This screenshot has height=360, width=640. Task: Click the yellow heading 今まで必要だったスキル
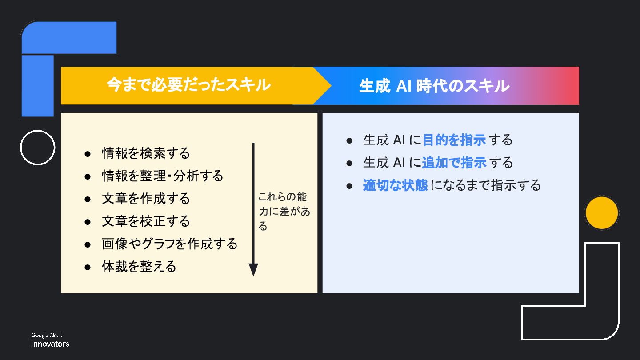point(188,85)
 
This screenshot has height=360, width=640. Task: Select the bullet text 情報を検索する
point(146,153)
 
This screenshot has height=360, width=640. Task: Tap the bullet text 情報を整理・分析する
point(162,176)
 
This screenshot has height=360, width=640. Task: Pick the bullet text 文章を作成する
point(146,199)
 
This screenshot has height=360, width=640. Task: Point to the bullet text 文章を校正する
point(146,221)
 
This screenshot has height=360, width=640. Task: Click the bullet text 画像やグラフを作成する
point(169,244)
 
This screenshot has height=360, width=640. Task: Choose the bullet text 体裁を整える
point(139,267)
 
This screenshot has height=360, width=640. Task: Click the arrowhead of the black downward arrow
point(253,269)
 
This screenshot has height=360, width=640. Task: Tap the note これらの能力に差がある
point(284,212)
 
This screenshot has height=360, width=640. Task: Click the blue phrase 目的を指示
point(454,140)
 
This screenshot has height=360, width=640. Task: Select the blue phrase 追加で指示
point(454,163)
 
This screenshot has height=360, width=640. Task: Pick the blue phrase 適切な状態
point(395,185)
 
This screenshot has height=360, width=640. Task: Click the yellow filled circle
point(602,213)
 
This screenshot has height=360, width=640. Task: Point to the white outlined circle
point(38,148)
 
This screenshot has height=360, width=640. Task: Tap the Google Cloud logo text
point(47,336)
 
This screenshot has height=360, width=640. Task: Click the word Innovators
point(50,344)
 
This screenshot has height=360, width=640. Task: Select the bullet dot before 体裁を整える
point(88,267)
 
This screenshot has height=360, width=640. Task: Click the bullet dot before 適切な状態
point(349,185)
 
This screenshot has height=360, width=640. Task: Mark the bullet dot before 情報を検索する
point(88,154)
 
